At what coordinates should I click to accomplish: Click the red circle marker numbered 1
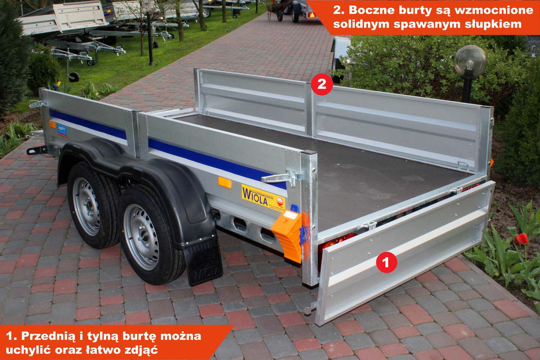(387, 262)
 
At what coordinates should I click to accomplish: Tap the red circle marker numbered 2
(322, 84)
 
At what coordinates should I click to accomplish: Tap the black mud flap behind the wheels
(203, 261)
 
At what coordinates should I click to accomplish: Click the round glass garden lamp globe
(470, 62)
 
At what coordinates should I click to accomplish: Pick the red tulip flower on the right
(522, 239)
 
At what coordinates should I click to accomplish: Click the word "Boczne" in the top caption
(370, 9)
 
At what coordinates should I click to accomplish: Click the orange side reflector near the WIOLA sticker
(225, 182)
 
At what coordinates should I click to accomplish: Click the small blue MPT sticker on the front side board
(62, 130)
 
